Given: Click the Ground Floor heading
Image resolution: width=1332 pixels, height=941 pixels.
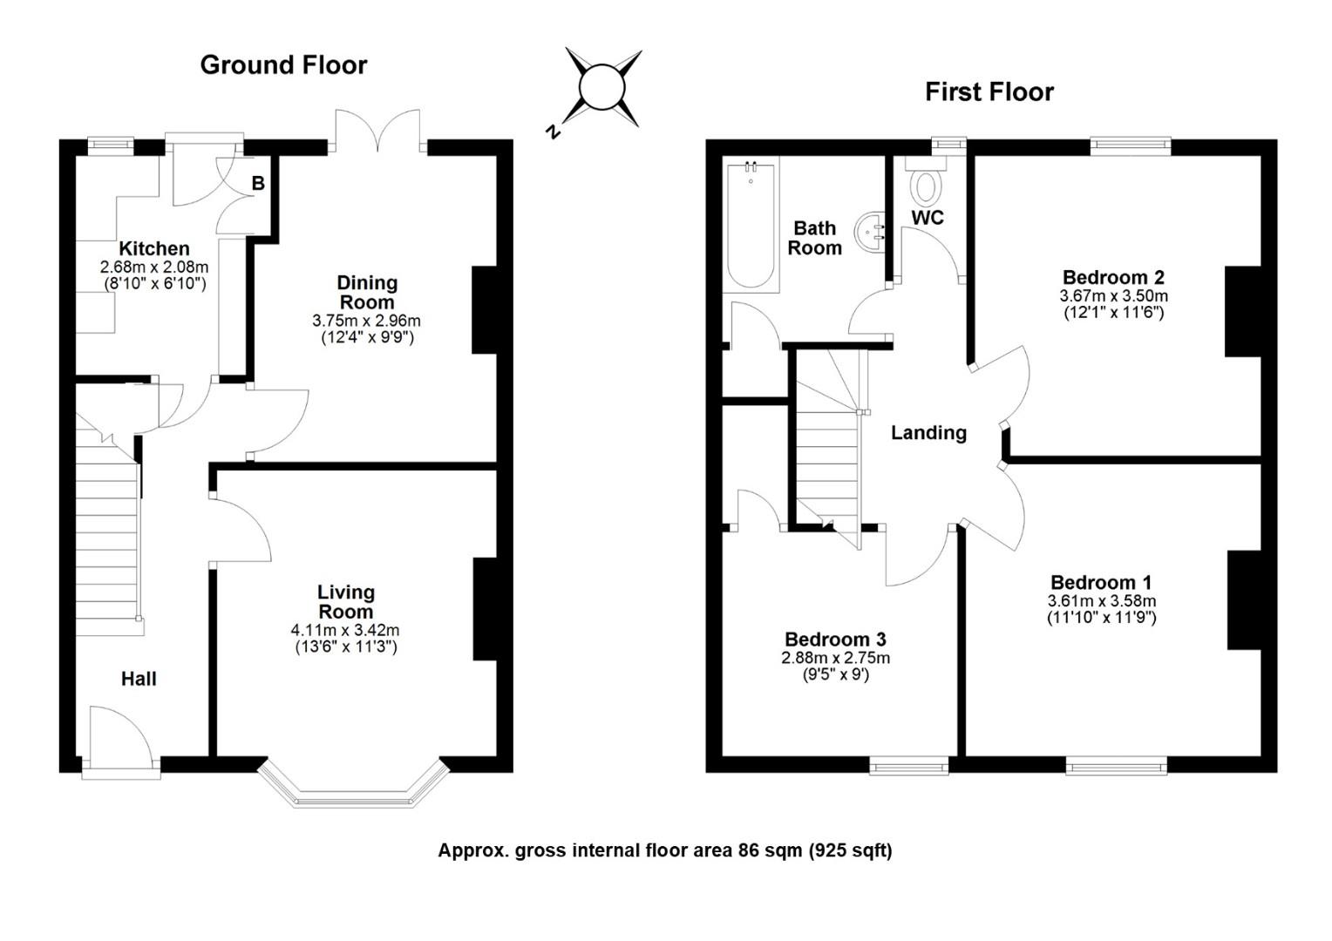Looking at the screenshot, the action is point(283,64).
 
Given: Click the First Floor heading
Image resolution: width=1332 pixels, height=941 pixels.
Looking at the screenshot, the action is point(989,92).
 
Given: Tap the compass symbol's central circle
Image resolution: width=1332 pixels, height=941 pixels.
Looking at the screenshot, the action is point(602,87).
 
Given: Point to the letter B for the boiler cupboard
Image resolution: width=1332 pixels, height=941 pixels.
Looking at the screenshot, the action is point(258,183).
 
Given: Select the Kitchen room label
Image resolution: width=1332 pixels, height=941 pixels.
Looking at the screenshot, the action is point(154,248).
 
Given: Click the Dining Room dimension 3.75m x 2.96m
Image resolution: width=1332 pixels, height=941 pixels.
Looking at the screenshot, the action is point(366,321).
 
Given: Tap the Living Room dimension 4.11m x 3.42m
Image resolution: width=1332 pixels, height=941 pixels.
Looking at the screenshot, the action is point(345,630).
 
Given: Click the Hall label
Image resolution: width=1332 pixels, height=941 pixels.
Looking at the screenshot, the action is point(139,679).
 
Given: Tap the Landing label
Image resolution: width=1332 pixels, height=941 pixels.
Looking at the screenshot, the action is point(928,433).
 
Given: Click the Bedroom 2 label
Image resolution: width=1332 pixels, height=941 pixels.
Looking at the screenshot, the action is point(1113,278).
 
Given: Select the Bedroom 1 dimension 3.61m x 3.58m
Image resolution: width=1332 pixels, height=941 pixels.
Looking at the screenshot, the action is point(1101,601).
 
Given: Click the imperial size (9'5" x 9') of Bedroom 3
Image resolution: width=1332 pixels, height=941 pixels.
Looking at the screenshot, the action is point(835,674).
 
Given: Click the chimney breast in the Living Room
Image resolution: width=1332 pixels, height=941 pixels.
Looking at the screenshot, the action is point(486,609).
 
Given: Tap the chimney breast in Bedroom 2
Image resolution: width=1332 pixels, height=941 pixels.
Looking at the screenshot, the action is point(1243,311).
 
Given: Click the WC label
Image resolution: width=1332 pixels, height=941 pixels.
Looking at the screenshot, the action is point(928,218).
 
